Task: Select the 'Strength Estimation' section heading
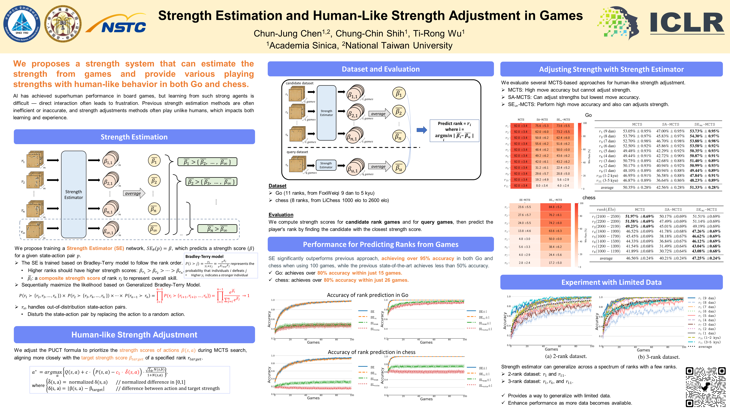tap(134, 137)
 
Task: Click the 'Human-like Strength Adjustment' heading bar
tap(134, 335)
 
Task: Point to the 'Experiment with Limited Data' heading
tap(611, 282)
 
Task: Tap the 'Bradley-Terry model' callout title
tap(204, 257)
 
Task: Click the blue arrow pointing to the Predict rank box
tap(422, 130)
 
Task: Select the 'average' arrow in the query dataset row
tap(379, 167)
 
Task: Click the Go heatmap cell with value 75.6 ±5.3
tap(542, 126)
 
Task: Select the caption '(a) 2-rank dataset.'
tap(566, 356)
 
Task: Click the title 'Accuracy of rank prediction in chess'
tap(372, 352)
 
